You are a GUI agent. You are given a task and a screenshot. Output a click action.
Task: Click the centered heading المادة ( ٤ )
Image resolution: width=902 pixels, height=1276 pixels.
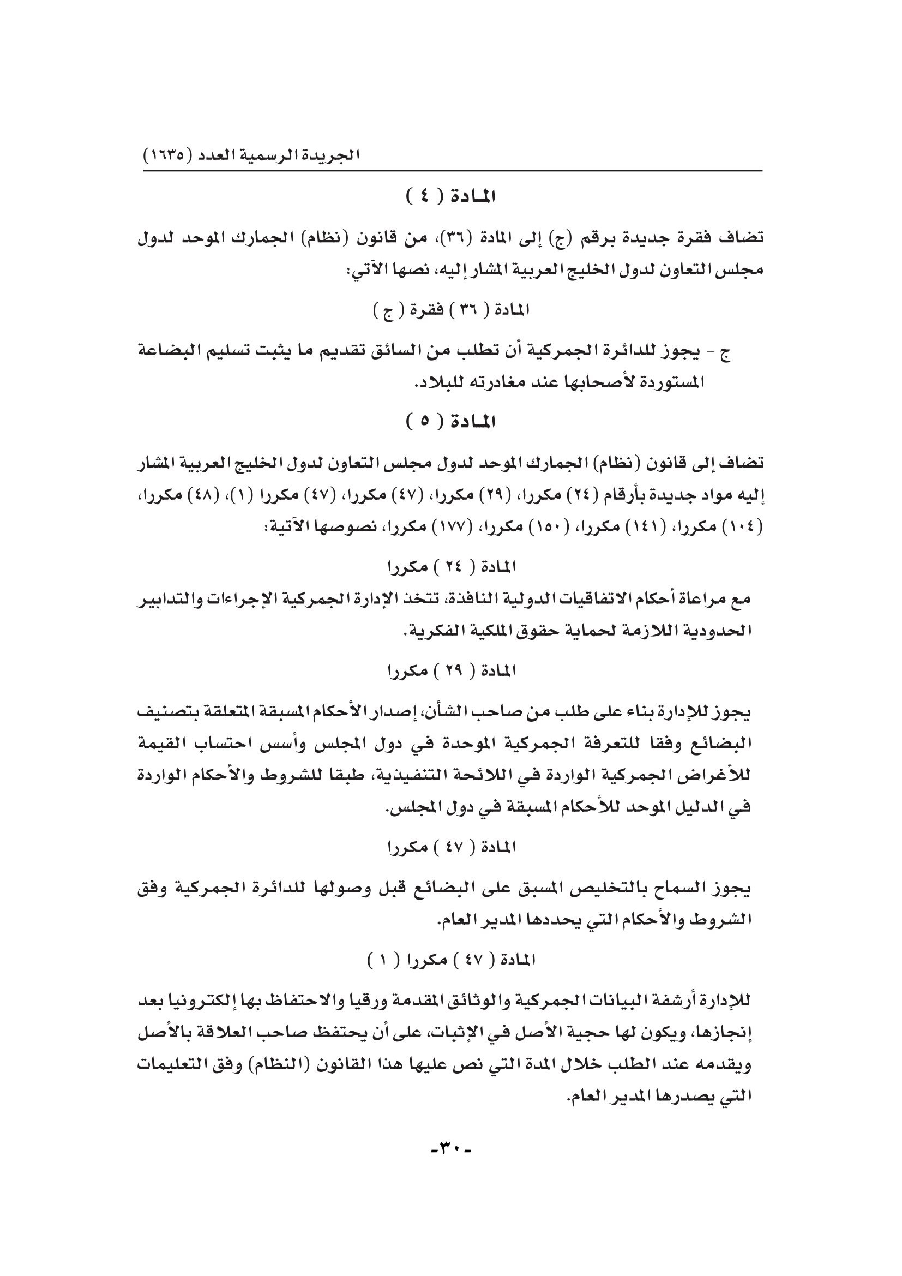(451, 197)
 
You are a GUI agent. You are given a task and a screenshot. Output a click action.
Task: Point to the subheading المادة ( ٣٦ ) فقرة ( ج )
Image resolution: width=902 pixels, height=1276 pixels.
(451, 310)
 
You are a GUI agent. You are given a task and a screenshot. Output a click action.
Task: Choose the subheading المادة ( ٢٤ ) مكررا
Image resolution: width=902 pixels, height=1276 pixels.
(452, 567)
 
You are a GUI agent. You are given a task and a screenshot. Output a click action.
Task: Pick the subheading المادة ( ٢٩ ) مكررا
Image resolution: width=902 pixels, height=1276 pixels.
(452, 672)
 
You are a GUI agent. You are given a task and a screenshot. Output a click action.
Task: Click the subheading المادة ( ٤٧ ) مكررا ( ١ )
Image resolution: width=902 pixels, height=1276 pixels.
(452, 960)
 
